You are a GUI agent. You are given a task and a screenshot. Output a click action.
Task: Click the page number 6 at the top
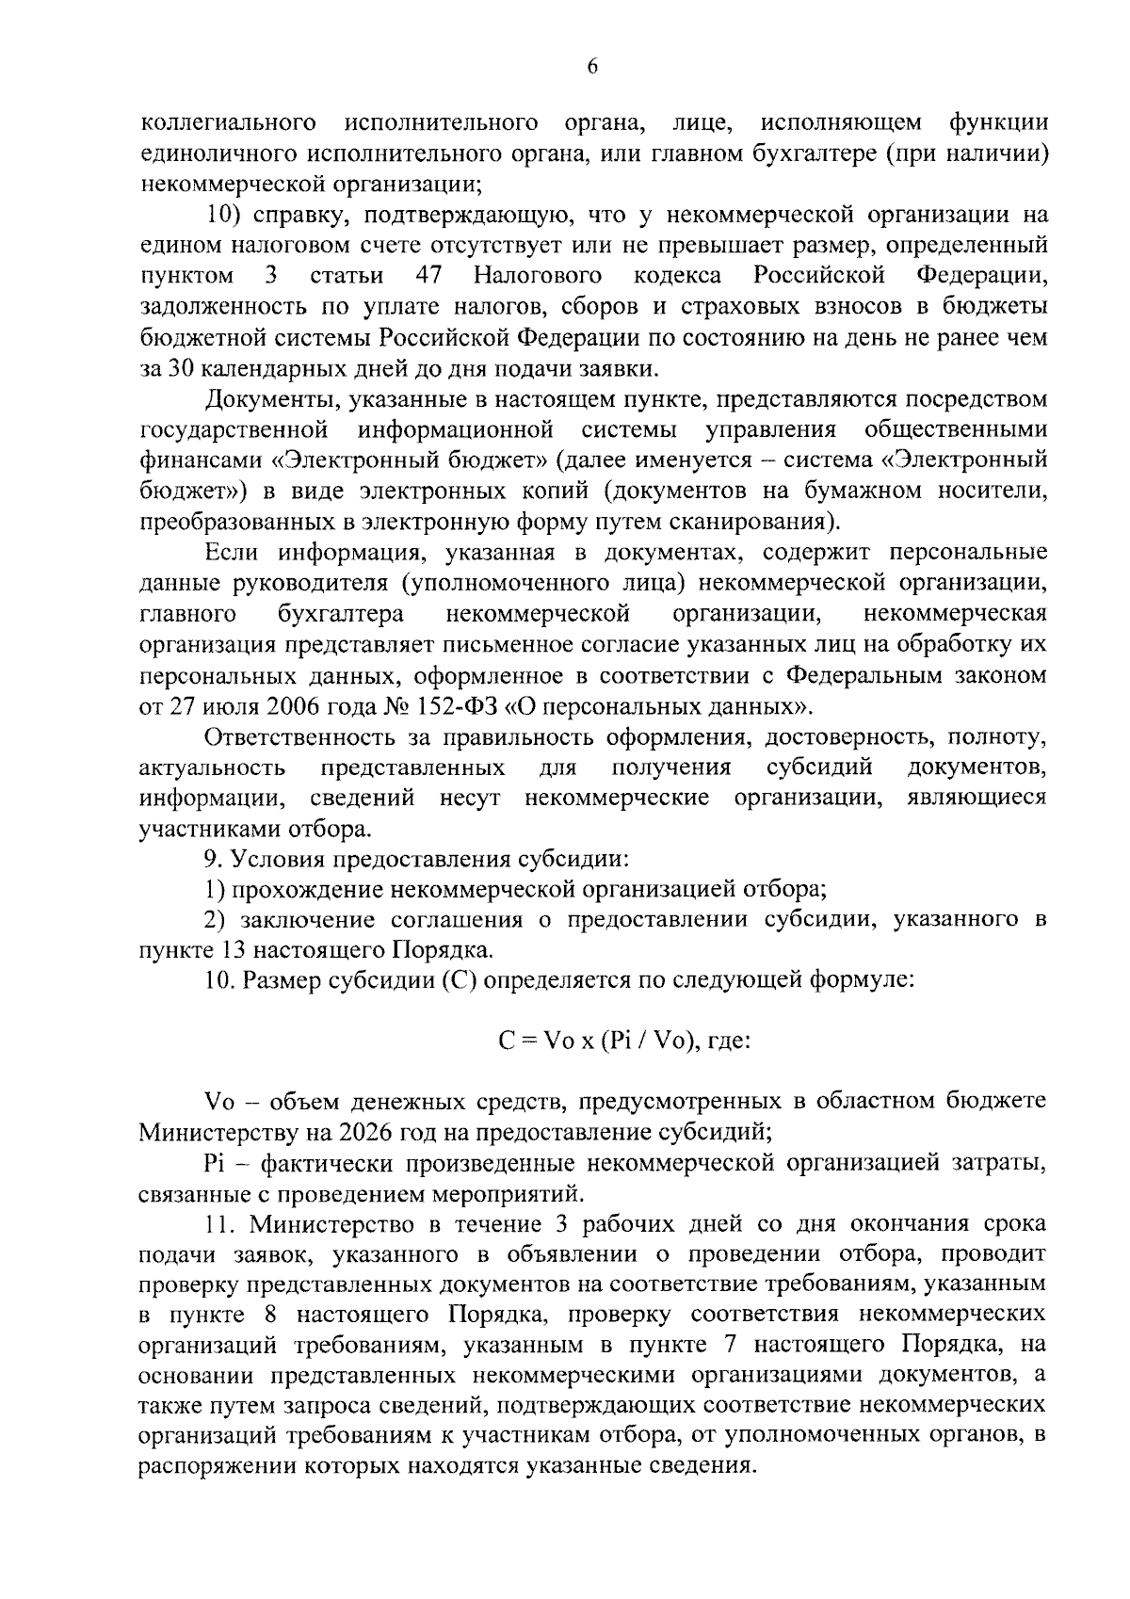click(592, 65)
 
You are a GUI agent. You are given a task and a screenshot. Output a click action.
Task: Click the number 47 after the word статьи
click(428, 276)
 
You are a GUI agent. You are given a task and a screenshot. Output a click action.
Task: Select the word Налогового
click(538, 276)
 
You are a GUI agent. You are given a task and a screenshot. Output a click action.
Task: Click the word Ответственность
click(309, 737)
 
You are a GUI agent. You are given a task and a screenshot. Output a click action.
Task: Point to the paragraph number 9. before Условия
click(214, 860)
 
